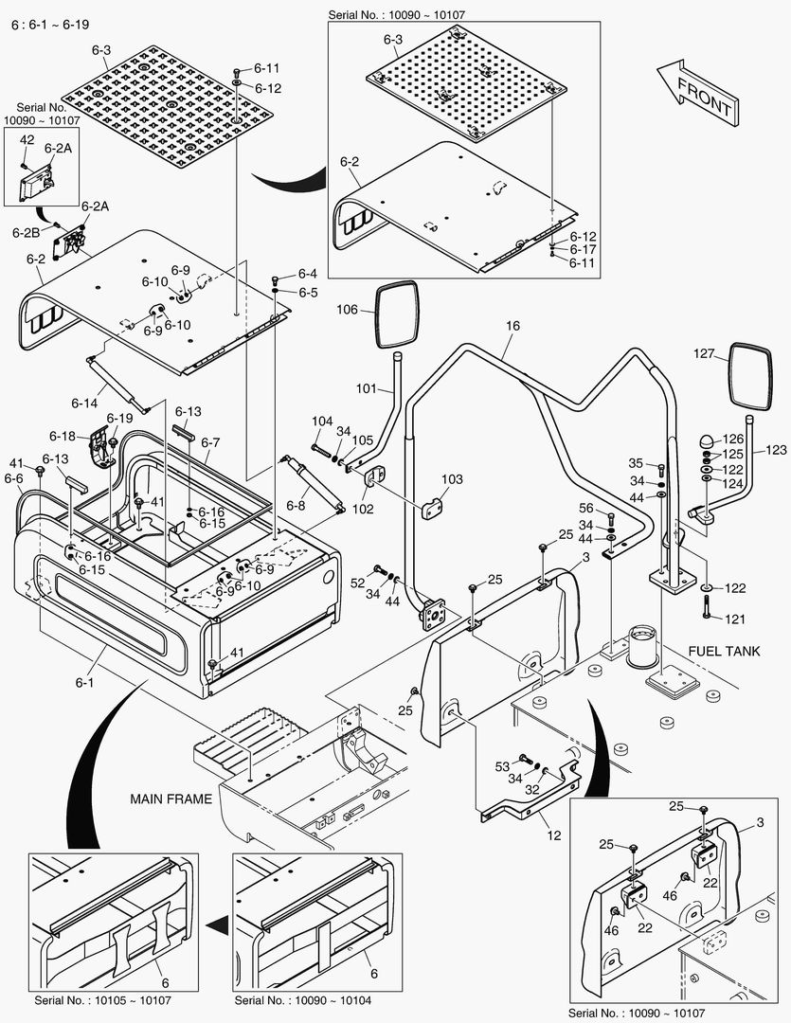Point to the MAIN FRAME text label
pos(171,799)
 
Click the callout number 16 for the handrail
pos(512,326)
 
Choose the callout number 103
pos(452,480)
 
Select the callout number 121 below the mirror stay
pos(735,619)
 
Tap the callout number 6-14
pos(84,404)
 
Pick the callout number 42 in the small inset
pos(27,139)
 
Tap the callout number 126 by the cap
pos(735,439)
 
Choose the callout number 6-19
pos(119,418)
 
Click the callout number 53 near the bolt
pos(502,766)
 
